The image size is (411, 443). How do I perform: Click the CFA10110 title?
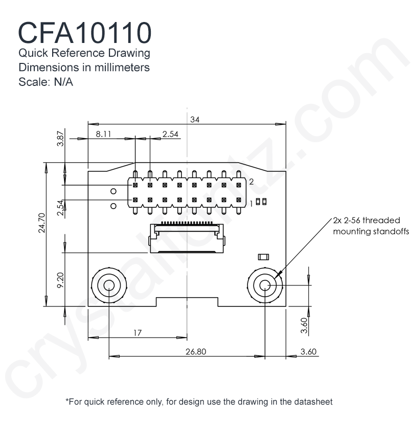click(x=85, y=33)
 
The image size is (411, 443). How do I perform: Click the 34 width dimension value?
click(x=195, y=120)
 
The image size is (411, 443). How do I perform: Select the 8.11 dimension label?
click(x=103, y=134)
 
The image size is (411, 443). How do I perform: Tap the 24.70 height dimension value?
click(x=41, y=223)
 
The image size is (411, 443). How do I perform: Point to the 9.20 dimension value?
click(x=60, y=280)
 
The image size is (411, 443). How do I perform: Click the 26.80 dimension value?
click(x=196, y=351)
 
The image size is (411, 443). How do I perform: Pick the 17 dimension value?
click(x=138, y=333)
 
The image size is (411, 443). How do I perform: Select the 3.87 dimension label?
click(x=60, y=139)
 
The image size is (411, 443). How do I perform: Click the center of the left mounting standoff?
click(x=109, y=285)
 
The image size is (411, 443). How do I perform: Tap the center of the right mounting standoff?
click(x=265, y=285)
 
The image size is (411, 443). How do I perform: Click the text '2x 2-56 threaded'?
click(x=367, y=220)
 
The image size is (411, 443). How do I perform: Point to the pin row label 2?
click(x=251, y=182)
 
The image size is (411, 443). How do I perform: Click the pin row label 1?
click(x=251, y=204)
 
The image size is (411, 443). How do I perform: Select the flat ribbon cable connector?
click(x=187, y=237)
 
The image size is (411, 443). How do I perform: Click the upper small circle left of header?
click(x=113, y=191)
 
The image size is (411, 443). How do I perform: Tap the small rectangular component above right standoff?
click(x=263, y=257)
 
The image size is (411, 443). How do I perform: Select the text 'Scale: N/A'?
click(x=45, y=82)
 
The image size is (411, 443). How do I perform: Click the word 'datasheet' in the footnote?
click(x=313, y=402)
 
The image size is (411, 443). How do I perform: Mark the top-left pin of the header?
click(x=135, y=185)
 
